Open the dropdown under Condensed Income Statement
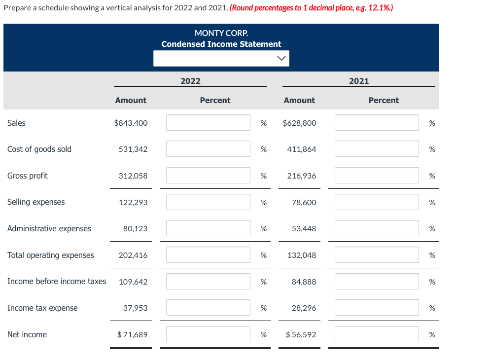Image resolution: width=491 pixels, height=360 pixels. (x=221, y=58)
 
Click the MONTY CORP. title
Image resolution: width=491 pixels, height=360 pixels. (x=221, y=33)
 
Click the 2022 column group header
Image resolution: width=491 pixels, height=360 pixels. (x=190, y=81)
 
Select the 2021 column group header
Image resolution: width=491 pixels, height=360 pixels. (x=359, y=81)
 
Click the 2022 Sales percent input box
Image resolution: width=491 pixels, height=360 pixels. (x=208, y=123)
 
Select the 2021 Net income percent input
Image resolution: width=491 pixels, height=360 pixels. (x=377, y=334)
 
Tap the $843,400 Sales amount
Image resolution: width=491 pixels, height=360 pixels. (x=131, y=123)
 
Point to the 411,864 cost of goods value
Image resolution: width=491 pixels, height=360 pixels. (x=301, y=149)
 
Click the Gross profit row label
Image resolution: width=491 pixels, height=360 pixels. (x=28, y=176)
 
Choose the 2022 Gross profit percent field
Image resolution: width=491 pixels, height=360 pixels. (x=208, y=176)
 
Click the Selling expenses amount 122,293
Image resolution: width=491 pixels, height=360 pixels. (x=133, y=202)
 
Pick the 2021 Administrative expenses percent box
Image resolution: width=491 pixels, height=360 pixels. (x=377, y=228)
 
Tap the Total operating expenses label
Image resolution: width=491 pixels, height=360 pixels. (x=51, y=255)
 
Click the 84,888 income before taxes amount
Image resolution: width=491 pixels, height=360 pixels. (x=304, y=282)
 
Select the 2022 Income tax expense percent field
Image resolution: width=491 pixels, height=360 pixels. (x=208, y=308)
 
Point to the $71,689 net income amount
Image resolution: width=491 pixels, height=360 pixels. (x=132, y=334)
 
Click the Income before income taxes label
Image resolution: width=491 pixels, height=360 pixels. (x=57, y=281)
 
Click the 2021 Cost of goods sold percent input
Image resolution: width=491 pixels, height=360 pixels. (x=377, y=149)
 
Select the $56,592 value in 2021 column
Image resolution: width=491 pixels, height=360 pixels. (x=301, y=334)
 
